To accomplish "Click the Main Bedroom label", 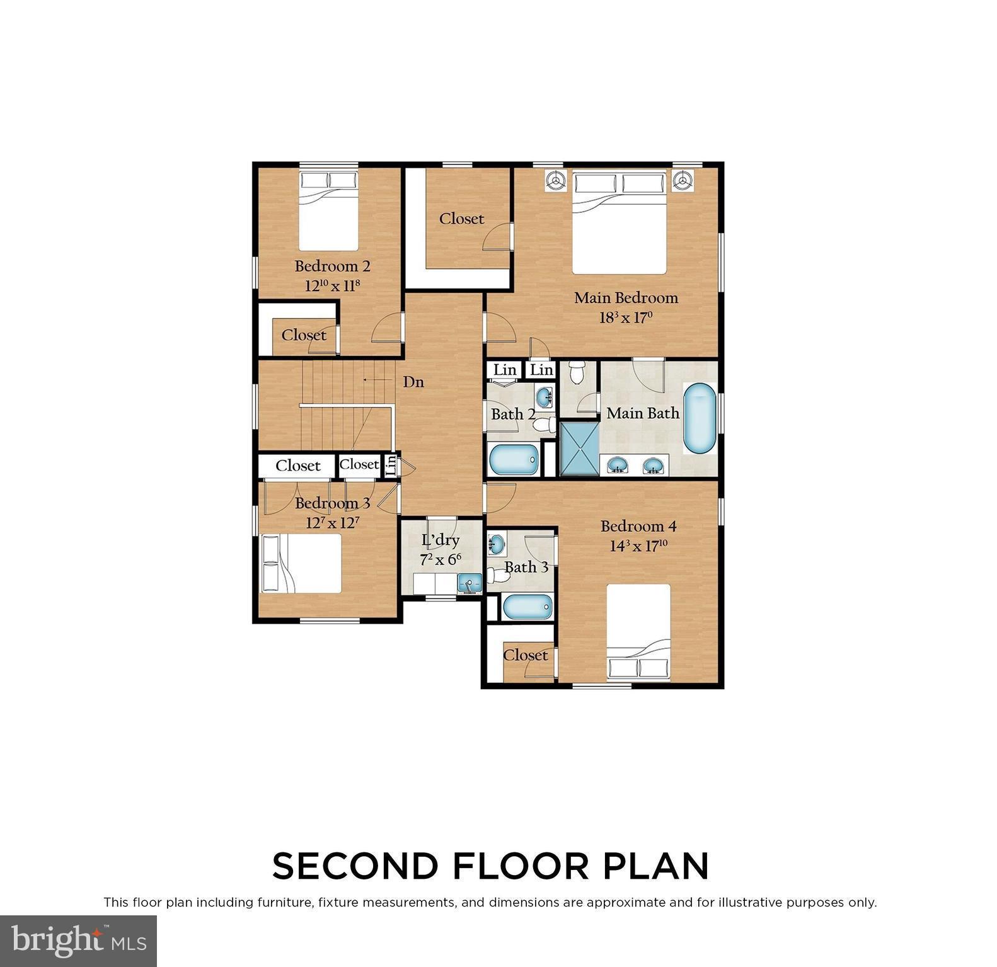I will click(x=625, y=297).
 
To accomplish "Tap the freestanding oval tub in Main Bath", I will click(x=700, y=420).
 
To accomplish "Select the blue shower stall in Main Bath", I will click(x=579, y=448).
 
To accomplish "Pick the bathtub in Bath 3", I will click(x=527, y=607).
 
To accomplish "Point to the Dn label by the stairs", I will click(x=413, y=382).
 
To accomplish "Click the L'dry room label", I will click(x=440, y=540).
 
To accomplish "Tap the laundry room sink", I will click(x=468, y=583).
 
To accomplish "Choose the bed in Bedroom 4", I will click(x=638, y=632).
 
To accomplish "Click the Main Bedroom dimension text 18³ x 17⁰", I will click(x=624, y=318).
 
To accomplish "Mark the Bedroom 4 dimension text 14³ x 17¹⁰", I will click(x=638, y=546).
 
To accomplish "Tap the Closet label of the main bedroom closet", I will click(x=462, y=219).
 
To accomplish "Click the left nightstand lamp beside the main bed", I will click(x=555, y=180).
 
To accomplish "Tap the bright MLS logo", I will click(x=78, y=941).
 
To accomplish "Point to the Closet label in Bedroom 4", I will click(x=525, y=655).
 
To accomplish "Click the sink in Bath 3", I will click(x=497, y=541).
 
